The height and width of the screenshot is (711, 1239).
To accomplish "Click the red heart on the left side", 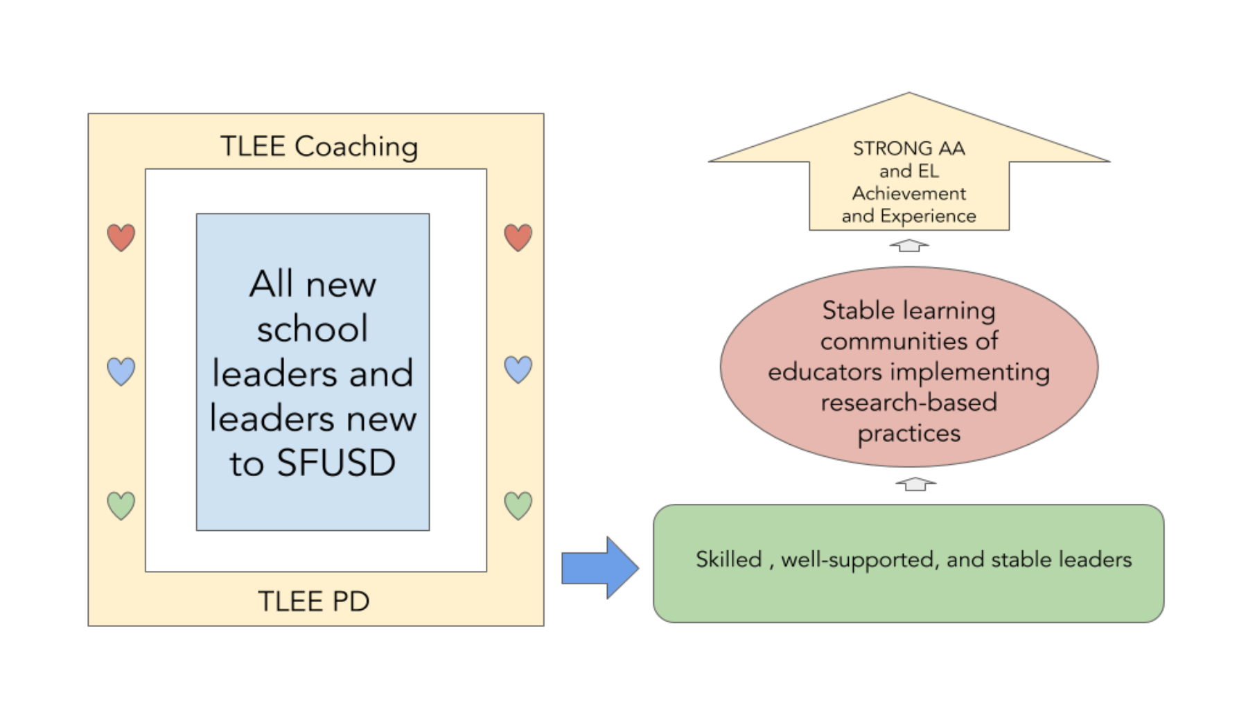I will [121, 238].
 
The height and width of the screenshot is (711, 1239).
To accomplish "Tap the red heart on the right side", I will [518, 238].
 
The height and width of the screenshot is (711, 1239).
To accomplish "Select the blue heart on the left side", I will [121, 371].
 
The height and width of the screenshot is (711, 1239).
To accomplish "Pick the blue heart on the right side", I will [518, 369].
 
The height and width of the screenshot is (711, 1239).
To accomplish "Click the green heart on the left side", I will [121, 506].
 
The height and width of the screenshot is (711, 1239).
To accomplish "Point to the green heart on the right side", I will [518, 506].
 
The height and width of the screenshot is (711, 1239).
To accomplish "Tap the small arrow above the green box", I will [915, 484].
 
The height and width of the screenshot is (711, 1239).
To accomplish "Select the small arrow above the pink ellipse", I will [908, 245].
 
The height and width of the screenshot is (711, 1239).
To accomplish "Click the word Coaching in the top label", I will [356, 147].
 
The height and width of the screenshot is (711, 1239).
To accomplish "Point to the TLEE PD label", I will [314, 601].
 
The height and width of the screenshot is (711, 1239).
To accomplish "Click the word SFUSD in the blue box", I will [336, 463].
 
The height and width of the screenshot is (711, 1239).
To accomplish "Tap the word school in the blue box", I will [313, 328].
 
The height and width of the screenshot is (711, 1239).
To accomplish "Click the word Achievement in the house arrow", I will [908, 193].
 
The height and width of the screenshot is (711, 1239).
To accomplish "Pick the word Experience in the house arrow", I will [928, 216].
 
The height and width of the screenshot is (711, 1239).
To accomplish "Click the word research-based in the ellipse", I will [908, 402].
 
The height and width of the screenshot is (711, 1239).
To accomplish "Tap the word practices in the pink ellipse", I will [908, 434].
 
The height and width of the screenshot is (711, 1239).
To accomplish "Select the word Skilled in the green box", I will [728, 559].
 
